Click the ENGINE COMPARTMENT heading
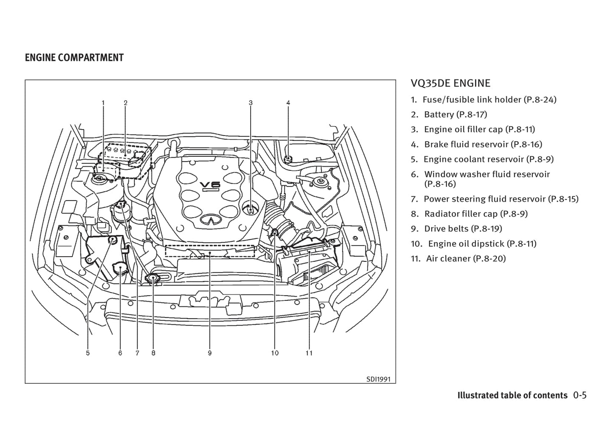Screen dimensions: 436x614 tap(74, 58)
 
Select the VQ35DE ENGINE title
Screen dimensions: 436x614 tap(450, 83)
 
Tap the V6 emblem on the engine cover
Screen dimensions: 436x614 tap(210, 185)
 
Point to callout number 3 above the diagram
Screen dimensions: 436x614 tap(251, 103)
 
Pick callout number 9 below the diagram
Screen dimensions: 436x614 tap(210, 353)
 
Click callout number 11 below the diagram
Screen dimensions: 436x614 tap(309, 353)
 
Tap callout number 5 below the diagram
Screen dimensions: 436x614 tap(88, 353)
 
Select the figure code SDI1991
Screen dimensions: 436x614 tap(378, 379)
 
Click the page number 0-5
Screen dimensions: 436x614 tap(580, 395)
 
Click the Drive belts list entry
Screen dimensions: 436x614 tap(457, 229)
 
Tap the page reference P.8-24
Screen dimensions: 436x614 tap(540, 99)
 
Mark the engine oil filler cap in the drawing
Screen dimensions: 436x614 tap(251, 209)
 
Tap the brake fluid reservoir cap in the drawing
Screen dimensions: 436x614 tap(288, 159)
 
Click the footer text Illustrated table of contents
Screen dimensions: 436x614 tap(512, 395)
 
